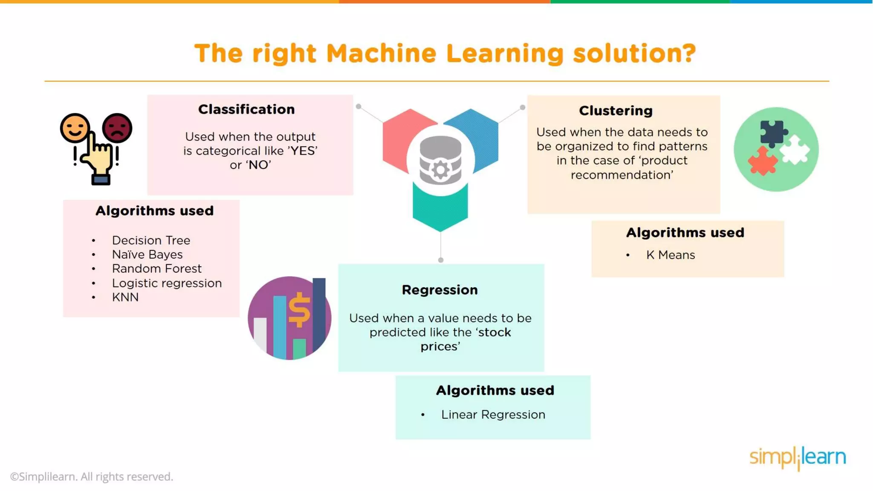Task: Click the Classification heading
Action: (x=246, y=110)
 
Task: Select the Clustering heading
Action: (x=616, y=111)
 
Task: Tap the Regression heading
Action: (x=439, y=290)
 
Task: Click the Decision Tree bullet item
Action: (x=151, y=240)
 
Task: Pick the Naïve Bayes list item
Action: (x=147, y=254)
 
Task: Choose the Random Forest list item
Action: (x=156, y=269)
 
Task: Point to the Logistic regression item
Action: (x=167, y=283)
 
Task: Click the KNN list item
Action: (x=125, y=297)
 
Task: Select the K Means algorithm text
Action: (x=670, y=255)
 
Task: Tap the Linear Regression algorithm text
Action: (x=493, y=415)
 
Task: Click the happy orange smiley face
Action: (x=75, y=127)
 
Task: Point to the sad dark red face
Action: (x=117, y=127)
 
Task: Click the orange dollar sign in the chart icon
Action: (x=300, y=309)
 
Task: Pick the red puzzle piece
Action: (x=763, y=161)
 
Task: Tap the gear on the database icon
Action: (x=440, y=170)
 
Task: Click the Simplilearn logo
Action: (x=798, y=457)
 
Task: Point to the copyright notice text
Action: (x=92, y=477)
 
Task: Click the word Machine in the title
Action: (x=382, y=54)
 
